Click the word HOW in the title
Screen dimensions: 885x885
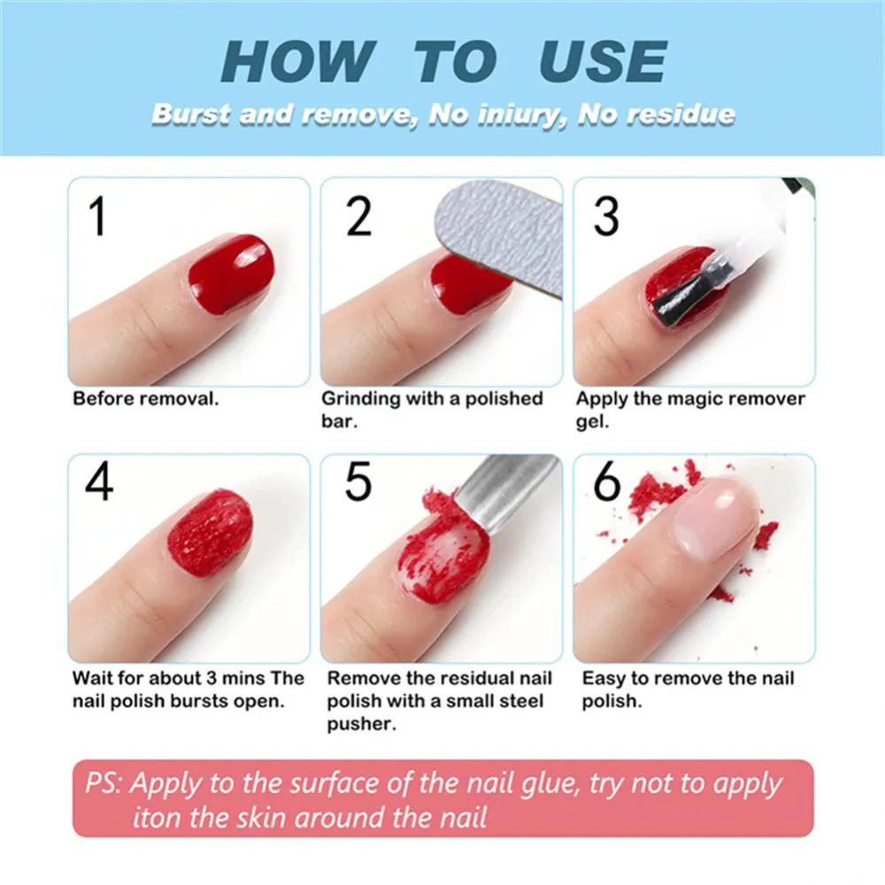coord(296,62)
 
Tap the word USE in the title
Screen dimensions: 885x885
coord(602,62)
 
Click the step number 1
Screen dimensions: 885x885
coord(97,217)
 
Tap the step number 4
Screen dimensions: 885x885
coord(99,482)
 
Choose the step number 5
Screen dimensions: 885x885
coord(358,482)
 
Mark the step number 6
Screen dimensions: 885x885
coord(607,482)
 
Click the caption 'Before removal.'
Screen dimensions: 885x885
coord(145,398)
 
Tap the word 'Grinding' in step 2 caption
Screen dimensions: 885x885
coord(361,398)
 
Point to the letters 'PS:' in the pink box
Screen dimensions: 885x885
coord(104,784)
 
